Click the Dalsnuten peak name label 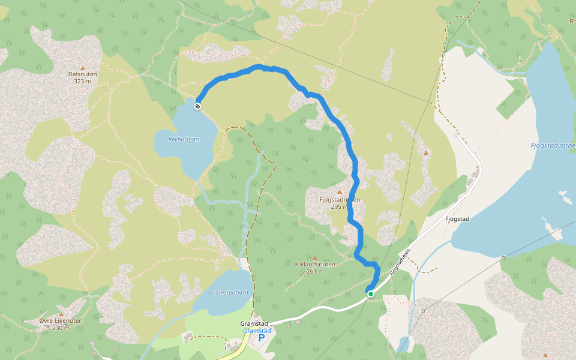(83, 74)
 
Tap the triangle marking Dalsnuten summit (83, 68)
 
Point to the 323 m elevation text (83, 81)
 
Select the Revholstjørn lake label (185, 139)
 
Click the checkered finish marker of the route (197, 106)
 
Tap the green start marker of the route (371, 293)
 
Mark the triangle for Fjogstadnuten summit (339, 192)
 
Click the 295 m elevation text (340, 206)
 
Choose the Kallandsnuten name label (314, 264)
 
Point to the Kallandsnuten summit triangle (314, 257)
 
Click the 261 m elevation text (314, 271)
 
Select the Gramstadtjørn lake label (229, 292)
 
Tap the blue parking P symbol (262, 338)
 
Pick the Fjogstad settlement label (457, 219)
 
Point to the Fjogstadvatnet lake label (553, 145)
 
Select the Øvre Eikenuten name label (61, 320)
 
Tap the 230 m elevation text (61, 328)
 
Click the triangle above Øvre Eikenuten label (61, 314)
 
